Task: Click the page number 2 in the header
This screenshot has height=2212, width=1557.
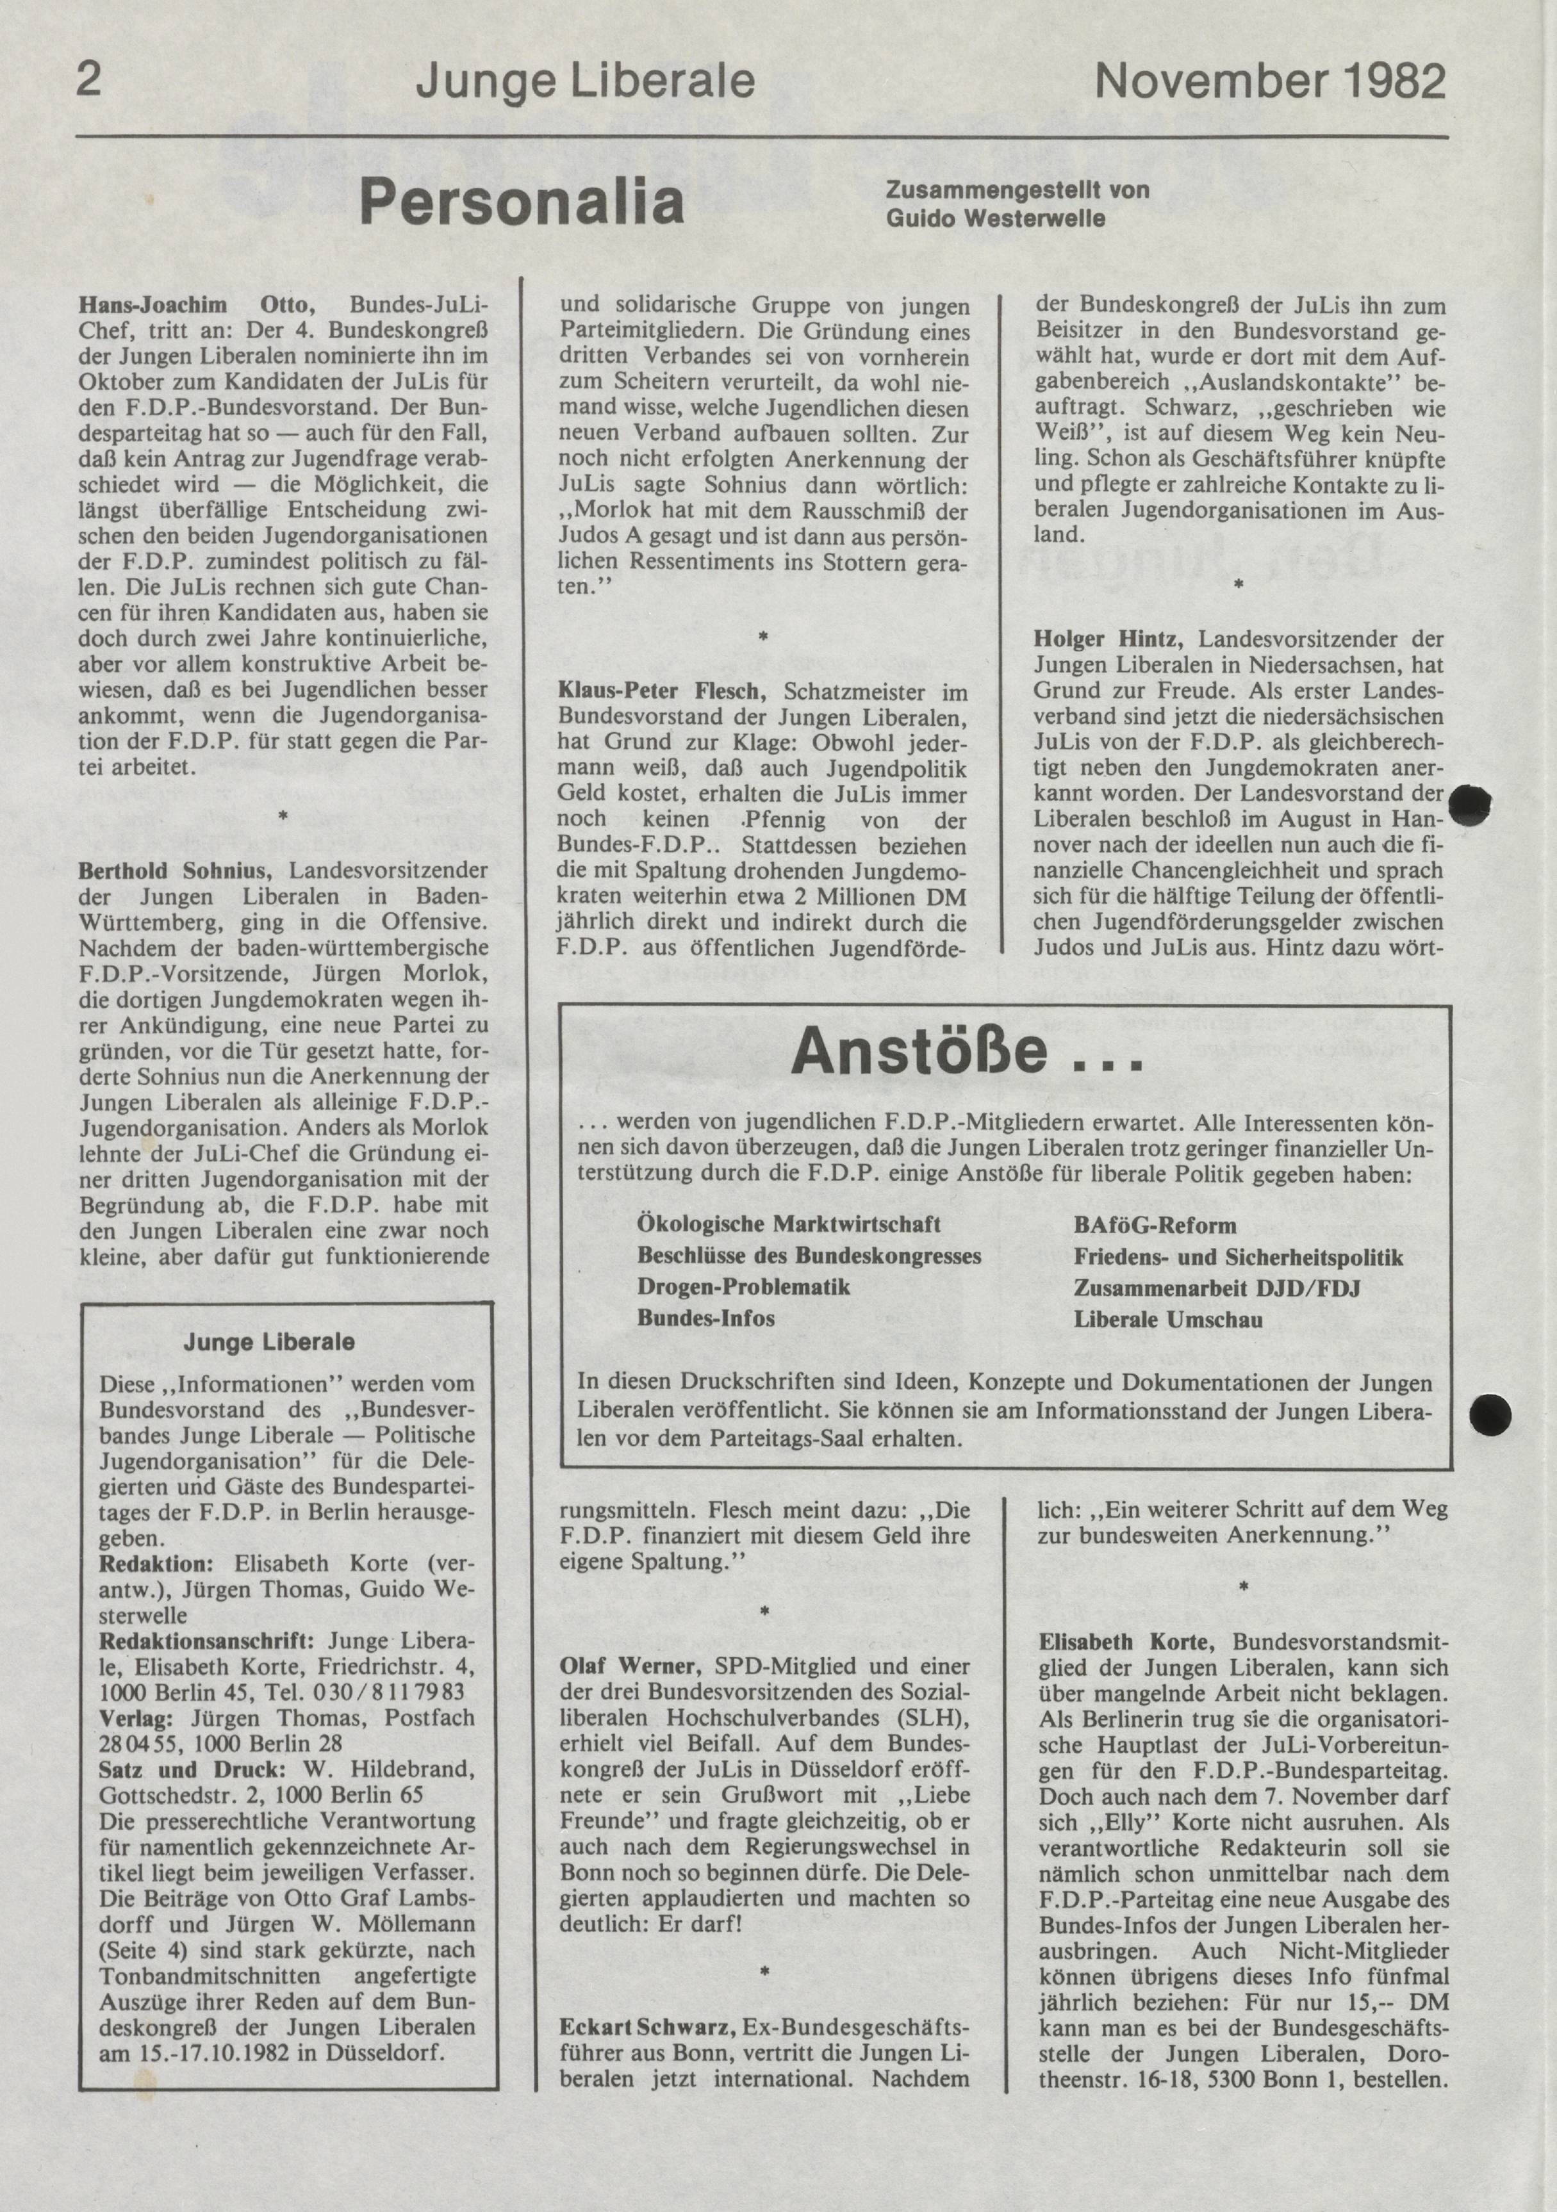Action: click(88, 80)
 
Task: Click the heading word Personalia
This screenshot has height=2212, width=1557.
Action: click(522, 202)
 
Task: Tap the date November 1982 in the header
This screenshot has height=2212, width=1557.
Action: click(1270, 81)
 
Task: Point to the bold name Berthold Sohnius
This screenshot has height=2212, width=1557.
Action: click(174, 870)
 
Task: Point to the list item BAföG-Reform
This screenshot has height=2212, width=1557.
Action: click(1154, 1225)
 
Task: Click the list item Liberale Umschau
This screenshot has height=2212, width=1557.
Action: click(1167, 1319)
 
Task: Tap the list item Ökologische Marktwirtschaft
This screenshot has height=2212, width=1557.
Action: click(788, 1224)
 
